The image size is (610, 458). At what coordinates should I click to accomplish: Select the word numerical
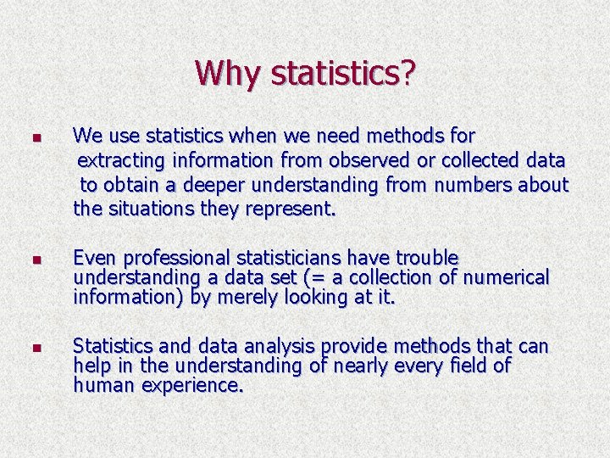pyautogui.click(x=504, y=277)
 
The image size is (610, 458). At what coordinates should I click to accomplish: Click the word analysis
pyautogui.click(x=278, y=347)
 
